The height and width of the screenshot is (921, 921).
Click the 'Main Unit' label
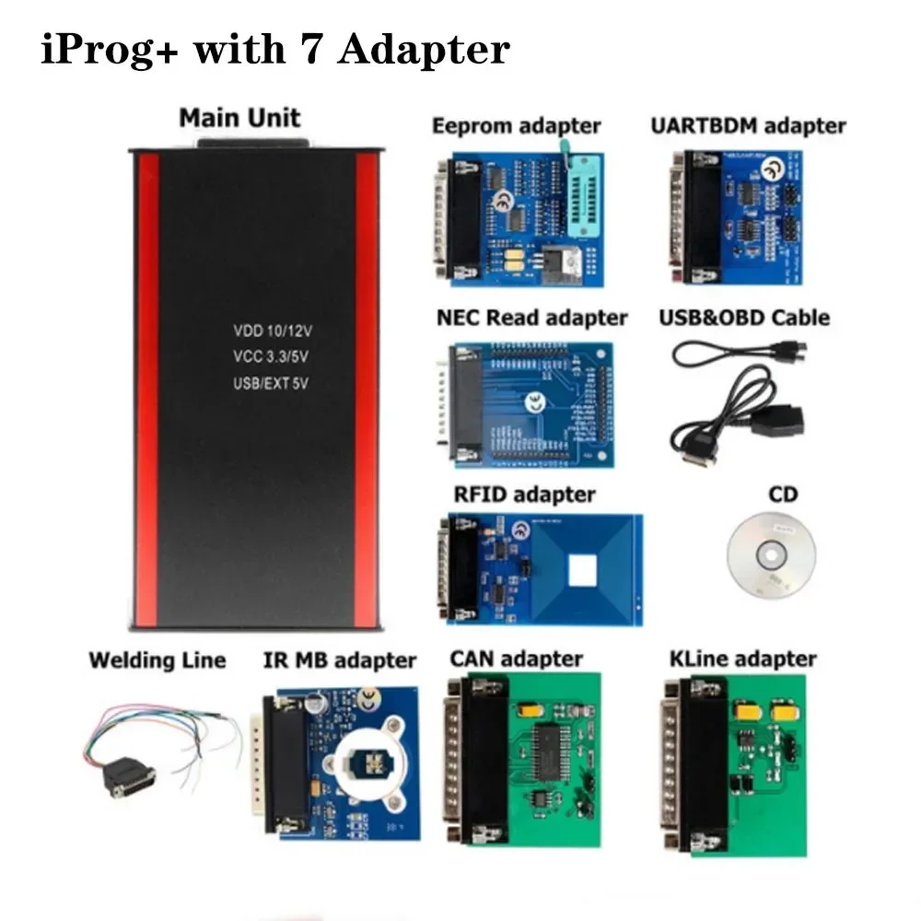(x=239, y=118)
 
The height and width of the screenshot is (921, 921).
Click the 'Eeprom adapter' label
(x=516, y=126)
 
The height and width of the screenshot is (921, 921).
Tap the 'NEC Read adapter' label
(x=531, y=319)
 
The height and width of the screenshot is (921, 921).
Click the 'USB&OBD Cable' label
(x=744, y=318)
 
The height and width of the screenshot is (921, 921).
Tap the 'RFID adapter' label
(x=524, y=495)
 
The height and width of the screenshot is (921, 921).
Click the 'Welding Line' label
(x=157, y=660)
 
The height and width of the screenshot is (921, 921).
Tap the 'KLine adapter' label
(x=742, y=659)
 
